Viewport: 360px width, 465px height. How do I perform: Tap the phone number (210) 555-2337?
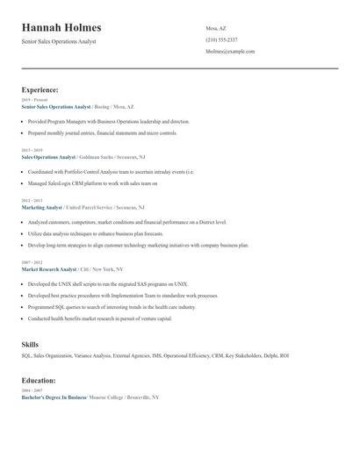(x=221, y=40)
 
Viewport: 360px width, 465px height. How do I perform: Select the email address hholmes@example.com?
(x=230, y=52)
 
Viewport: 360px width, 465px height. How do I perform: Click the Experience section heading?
(x=40, y=89)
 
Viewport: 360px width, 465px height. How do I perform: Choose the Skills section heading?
(x=30, y=345)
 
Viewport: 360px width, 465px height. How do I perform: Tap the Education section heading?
(x=39, y=380)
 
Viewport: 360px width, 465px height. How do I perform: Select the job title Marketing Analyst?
(x=42, y=207)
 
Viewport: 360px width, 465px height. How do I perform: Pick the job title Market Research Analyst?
(x=49, y=269)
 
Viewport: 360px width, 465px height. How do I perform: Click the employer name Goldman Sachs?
(x=99, y=157)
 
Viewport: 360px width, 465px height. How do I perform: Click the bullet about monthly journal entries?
(x=102, y=133)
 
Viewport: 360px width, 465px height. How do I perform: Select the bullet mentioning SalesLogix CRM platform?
(x=92, y=183)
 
